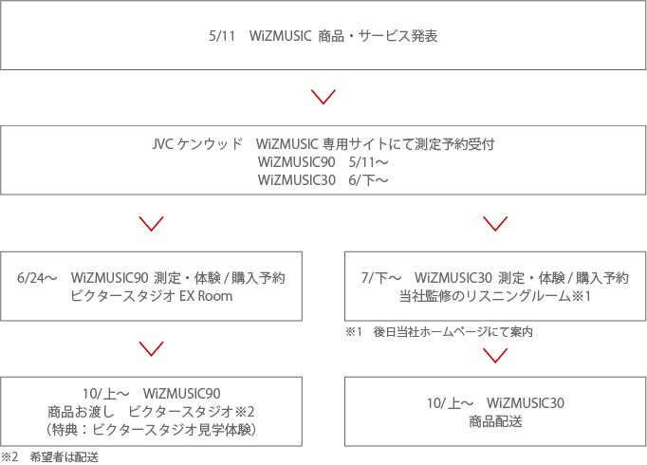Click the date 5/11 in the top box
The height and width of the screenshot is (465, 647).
click(222, 36)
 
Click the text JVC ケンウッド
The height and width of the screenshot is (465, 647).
click(196, 144)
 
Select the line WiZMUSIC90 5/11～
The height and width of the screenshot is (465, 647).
click(323, 162)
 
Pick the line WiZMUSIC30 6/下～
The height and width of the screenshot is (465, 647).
click(323, 180)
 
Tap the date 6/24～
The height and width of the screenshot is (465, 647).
click(37, 278)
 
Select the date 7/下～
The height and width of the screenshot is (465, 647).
click(381, 278)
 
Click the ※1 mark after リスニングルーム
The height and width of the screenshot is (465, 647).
click(581, 296)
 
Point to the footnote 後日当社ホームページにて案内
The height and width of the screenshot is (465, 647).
click(453, 332)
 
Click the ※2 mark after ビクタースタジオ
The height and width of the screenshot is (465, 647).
click(244, 412)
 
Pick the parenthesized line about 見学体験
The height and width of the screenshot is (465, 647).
click(152, 430)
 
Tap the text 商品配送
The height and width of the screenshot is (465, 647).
click(495, 421)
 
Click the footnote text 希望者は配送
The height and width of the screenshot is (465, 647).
click(64, 457)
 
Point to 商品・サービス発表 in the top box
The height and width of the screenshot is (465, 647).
click(378, 36)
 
